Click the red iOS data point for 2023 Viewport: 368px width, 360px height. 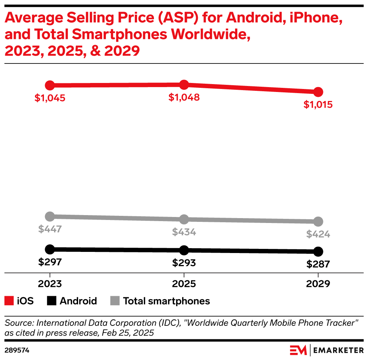pos(50,86)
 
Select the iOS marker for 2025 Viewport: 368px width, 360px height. pos(184,85)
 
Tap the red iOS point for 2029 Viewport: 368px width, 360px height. pos(318,92)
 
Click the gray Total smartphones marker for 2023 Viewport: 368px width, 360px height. pos(50,217)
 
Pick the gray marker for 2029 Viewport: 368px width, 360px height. pos(318,221)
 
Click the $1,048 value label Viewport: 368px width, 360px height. pos(184,98)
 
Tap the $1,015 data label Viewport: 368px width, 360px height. pos(318,105)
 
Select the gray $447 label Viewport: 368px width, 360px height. pos(50,229)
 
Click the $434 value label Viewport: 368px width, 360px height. pos(184,232)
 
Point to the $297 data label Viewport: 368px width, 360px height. pos(50,262)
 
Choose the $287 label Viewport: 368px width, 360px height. pos(318,264)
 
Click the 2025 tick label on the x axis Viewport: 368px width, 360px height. pos(184,283)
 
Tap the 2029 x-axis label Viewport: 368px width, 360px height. pos(318,283)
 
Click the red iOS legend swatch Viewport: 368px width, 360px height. pos(9,301)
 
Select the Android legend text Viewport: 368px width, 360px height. pos(78,301)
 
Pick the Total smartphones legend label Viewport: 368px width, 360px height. pos(166,301)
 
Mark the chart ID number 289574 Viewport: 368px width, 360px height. pos(17,350)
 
